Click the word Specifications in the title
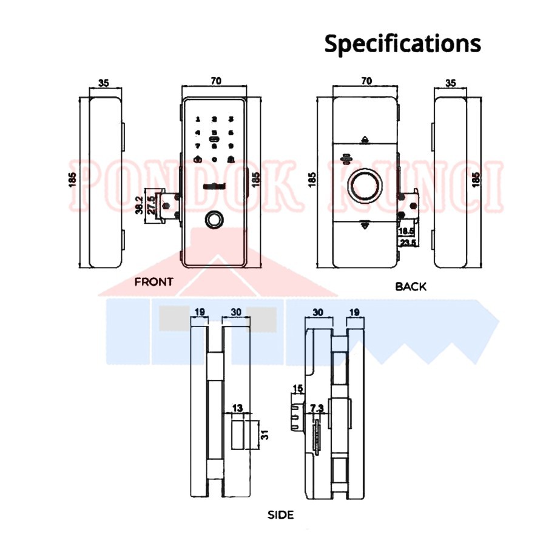coord(402,44)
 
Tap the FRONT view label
coord(153,281)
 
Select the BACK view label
coord(411,286)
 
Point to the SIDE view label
coord(280,515)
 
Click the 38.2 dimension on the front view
coord(139,205)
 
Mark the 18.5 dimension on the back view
coord(406,232)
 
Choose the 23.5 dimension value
coord(406,243)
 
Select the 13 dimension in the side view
coord(238,408)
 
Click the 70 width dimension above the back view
coord(366,80)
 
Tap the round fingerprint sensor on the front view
coord(214,219)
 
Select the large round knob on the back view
coord(365,184)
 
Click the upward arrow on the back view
coord(365,140)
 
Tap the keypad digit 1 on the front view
coord(198,120)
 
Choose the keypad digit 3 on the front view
coord(231,120)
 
